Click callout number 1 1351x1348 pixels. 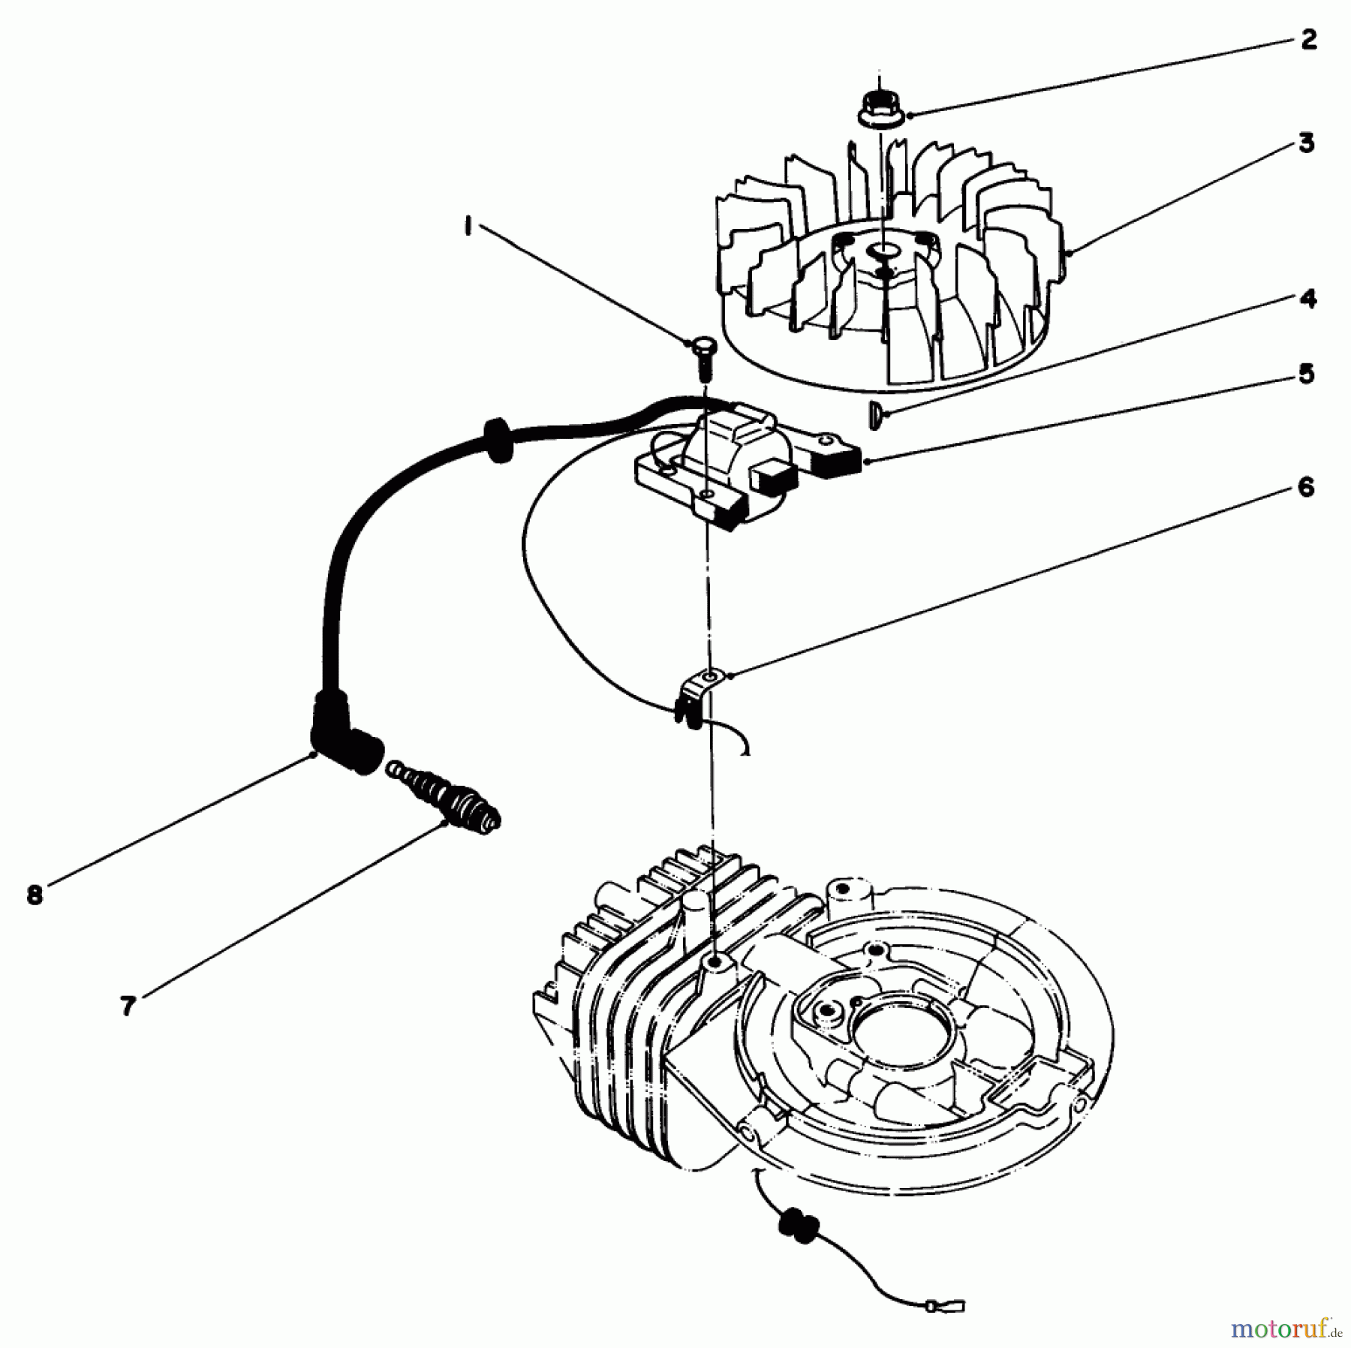(468, 226)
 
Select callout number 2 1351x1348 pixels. (1308, 40)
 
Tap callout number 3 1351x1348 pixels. (1307, 143)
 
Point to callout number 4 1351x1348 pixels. (1307, 299)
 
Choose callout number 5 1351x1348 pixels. (1307, 374)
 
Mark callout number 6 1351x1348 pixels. (1306, 488)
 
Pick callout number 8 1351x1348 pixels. (35, 895)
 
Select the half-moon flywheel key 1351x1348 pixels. (874, 415)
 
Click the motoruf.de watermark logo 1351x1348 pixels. (1286, 1328)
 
